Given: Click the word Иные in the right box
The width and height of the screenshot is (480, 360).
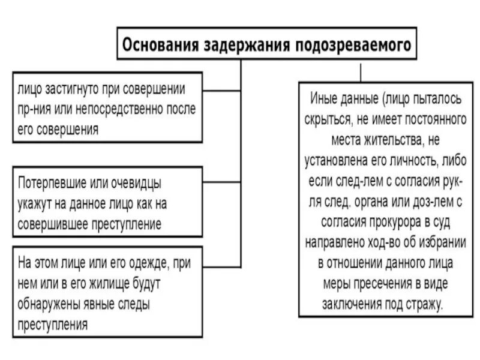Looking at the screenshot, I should pyautogui.click(x=324, y=96).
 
